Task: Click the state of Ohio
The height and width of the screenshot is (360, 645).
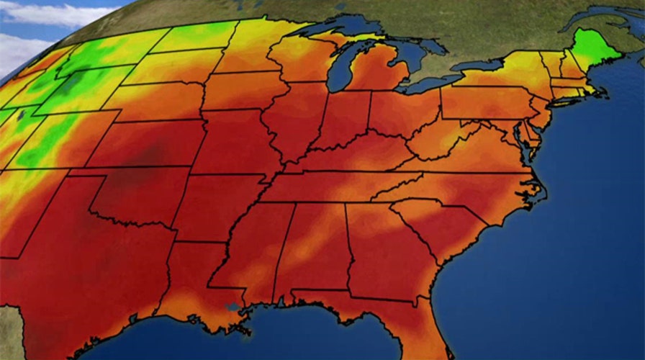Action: tap(403, 112)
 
